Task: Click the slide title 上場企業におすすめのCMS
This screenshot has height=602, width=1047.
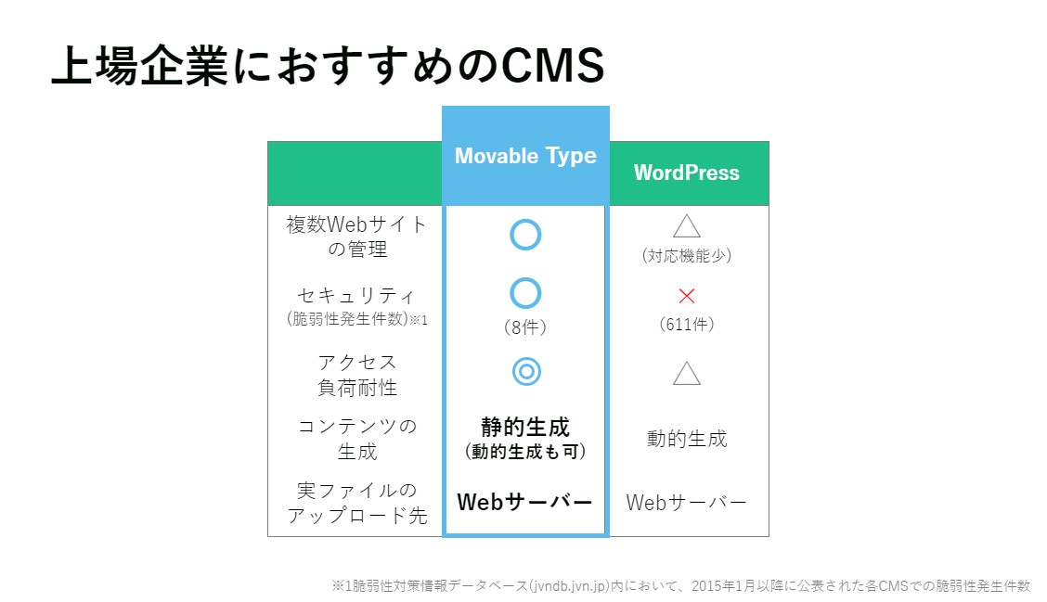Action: click(328, 66)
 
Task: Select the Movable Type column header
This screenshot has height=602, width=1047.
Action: click(525, 156)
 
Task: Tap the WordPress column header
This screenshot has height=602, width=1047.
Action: click(687, 173)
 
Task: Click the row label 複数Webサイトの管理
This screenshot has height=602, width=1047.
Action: click(356, 237)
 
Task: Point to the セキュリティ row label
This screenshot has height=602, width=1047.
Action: click(356, 295)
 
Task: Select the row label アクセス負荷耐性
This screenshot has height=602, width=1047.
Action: click(357, 375)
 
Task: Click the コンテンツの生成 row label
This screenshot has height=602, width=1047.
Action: click(357, 439)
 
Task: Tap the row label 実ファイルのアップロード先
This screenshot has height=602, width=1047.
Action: click(357, 503)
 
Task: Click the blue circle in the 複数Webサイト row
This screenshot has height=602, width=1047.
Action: click(525, 220)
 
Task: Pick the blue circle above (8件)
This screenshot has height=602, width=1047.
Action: click(525, 278)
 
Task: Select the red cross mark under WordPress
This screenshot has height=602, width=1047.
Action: click(687, 296)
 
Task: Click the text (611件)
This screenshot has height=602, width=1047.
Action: click(687, 325)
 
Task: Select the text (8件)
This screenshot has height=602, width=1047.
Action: click(525, 327)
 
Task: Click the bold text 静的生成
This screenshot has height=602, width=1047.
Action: click(525, 427)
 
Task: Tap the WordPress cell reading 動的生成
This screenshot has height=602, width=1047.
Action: click(687, 439)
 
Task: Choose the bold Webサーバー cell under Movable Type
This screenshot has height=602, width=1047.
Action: click(524, 502)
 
